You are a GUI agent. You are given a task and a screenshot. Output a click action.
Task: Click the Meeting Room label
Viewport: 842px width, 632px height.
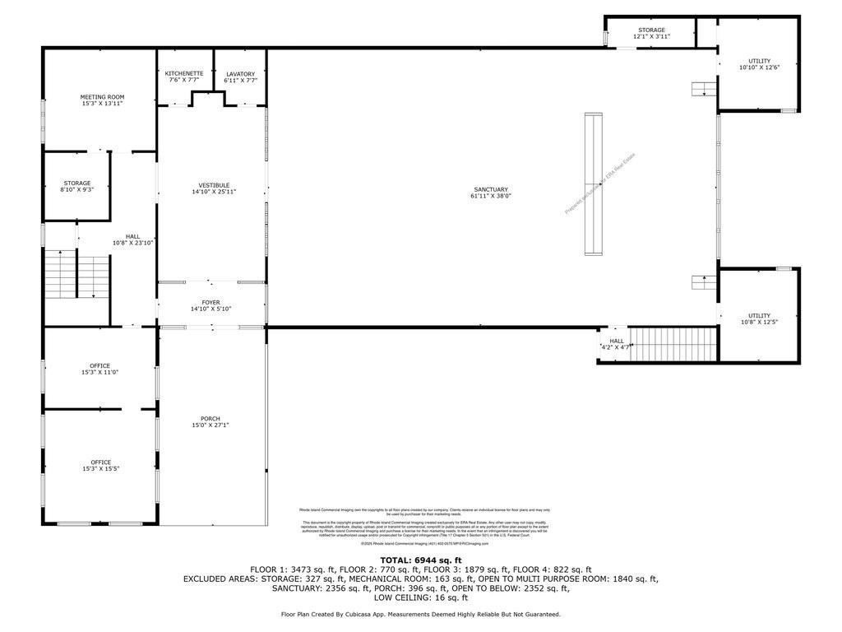pyautogui.click(x=102, y=97)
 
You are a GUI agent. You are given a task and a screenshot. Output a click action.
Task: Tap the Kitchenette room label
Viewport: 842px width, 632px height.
pyautogui.click(x=184, y=74)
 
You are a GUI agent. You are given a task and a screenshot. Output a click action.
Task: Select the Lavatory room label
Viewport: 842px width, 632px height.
pyautogui.click(x=240, y=74)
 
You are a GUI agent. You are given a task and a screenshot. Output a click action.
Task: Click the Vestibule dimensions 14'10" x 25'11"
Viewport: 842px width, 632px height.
pyautogui.click(x=214, y=192)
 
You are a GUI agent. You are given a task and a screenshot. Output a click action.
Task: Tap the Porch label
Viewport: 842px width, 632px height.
pyautogui.click(x=210, y=419)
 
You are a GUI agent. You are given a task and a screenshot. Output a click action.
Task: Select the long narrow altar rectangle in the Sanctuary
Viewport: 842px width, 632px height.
pyautogui.click(x=590, y=184)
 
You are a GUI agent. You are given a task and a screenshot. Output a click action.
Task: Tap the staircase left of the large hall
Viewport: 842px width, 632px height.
pyautogui.click(x=76, y=275)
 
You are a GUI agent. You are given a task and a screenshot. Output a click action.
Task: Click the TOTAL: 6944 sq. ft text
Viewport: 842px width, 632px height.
pyautogui.click(x=420, y=559)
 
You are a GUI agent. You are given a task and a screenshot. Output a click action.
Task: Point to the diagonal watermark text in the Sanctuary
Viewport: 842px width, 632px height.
pyautogui.click(x=600, y=184)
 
